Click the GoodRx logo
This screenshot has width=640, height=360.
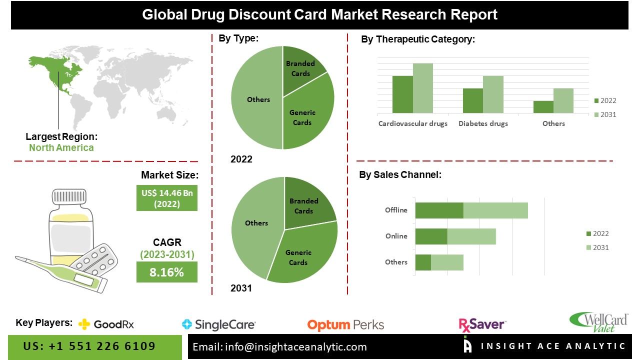pyautogui.click(x=106, y=324)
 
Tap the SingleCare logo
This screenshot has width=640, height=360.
pyautogui.click(x=219, y=324)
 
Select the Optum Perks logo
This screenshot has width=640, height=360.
pyautogui.click(x=345, y=325)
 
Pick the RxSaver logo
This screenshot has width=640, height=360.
pyautogui.click(x=482, y=324)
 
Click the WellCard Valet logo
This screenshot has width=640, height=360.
pyautogui.click(x=599, y=322)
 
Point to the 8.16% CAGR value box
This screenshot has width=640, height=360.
pyautogui.click(x=167, y=272)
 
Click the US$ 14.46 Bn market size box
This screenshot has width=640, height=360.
pyautogui.click(x=167, y=198)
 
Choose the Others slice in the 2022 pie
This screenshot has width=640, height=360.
pyautogui.click(x=257, y=100)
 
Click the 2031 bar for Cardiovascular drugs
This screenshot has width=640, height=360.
pyautogui.click(x=423, y=88)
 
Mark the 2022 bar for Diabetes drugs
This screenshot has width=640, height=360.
pyautogui.click(x=473, y=100)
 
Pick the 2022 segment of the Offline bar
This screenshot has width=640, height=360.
pyautogui.click(x=439, y=210)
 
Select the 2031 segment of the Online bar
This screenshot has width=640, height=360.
pyautogui.click(x=471, y=236)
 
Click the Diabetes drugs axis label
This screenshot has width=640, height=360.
pyautogui.click(x=483, y=123)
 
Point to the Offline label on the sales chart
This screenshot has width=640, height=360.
pyautogui.click(x=396, y=210)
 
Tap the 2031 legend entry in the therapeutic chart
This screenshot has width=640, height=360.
pyautogui.click(x=604, y=114)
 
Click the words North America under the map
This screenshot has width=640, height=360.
pyautogui.click(x=61, y=147)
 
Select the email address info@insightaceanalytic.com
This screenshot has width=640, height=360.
pyautogui.click(x=280, y=346)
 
